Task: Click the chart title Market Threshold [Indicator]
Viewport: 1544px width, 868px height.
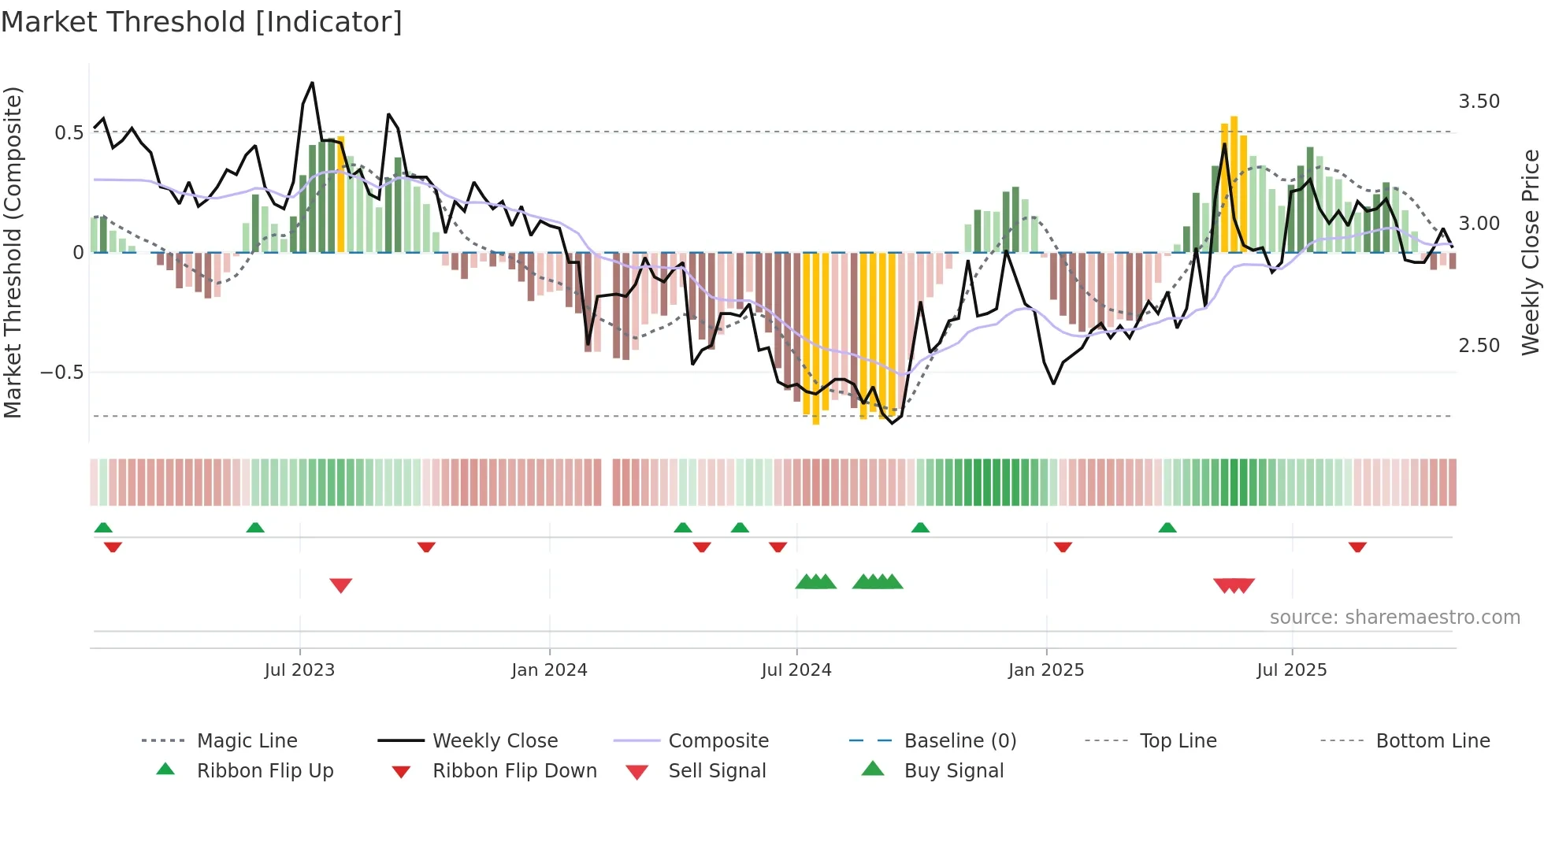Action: pyautogui.click(x=202, y=22)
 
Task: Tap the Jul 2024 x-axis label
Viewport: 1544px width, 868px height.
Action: pyautogui.click(x=796, y=670)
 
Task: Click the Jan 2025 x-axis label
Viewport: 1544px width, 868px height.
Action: pyautogui.click(x=1045, y=670)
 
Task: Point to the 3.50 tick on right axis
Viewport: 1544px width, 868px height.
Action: pyautogui.click(x=1479, y=102)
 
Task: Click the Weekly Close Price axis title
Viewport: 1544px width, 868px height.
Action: pyautogui.click(x=1530, y=252)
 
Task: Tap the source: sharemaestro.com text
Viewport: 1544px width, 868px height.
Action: pyautogui.click(x=1394, y=618)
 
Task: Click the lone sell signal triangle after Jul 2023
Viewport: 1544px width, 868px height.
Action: pyautogui.click(x=340, y=585)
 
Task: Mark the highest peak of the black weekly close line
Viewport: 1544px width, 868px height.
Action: pyautogui.click(x=313, y=83)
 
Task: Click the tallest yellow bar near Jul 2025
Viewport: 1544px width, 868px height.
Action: pyautogui.click(x=1234, y=184)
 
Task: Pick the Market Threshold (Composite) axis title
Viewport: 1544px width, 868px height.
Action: pyautogui.click(x=13, y=252)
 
